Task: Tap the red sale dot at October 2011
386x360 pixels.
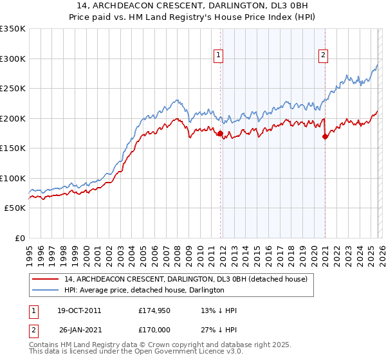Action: (220, 134)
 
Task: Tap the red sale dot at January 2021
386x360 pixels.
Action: (325, 136)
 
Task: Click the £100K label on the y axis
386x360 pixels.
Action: (12, 178)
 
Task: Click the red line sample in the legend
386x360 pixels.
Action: (46, 279)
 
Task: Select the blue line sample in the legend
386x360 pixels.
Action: (46, 290)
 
